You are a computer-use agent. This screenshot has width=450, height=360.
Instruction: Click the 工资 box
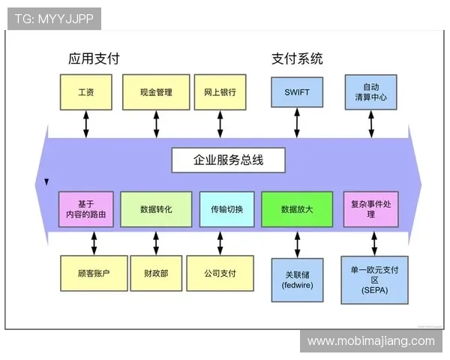click(x=85, y=93)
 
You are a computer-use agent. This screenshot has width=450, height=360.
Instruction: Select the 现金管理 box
click(x=156, y=93)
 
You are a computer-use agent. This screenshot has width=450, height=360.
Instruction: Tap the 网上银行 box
click(x=220, y=93)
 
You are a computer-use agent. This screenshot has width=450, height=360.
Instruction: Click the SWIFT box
click(x=297, y=93)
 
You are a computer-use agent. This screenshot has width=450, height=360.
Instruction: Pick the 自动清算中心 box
click(x=370, y=92)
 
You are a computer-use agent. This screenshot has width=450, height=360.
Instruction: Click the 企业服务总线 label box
click(x=228, y=160)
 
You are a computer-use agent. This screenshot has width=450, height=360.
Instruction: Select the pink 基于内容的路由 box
click(x=87, y=209)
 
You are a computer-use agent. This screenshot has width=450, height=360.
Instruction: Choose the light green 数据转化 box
click(x=156, y=209)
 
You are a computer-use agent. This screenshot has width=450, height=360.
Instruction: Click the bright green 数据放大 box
click(x=296, y=209)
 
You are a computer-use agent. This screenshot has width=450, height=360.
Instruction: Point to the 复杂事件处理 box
click(x=370, y=209)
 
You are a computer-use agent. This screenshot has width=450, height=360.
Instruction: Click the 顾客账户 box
click(x=94, y=274)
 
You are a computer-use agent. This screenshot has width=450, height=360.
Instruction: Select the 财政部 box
click(x=156, y=274)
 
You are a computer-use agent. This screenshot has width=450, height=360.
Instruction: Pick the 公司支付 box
click(x=220, y=274)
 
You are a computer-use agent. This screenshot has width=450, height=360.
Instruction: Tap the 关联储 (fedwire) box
click(x=297, y=280)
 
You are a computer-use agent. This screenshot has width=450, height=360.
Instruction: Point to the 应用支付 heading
click(x=94, y=58)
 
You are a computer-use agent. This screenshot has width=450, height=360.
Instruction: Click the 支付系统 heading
click(x=297, y=58)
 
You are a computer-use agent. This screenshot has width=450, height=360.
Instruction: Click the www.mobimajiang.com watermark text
click(x=370, y=341)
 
